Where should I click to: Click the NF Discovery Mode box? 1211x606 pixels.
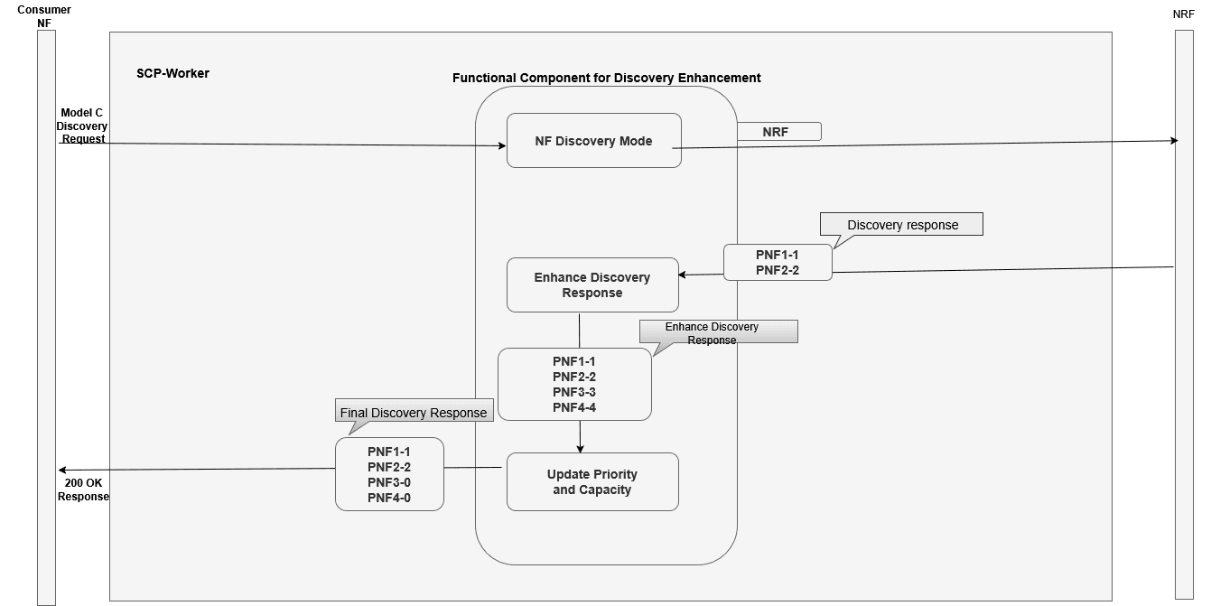coord(593,141)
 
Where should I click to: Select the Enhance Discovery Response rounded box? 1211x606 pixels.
coord(592,285)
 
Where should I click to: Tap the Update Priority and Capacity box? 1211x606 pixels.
coord(592,482)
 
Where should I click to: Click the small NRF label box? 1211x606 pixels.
coord(778,132)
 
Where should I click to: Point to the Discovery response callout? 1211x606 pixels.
coord(901,225)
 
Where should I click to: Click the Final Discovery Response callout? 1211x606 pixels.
coord(414,412)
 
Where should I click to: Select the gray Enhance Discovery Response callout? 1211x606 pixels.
coord(718,331)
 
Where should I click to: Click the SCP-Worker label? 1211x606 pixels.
coord(172,73)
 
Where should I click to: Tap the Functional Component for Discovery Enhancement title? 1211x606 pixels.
coord(606,78)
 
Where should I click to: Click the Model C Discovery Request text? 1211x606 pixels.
coord(82,126)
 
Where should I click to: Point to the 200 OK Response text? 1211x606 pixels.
coord(83,489)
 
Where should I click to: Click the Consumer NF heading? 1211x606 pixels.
coord(44,16)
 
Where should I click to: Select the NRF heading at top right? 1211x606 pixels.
coord(1183,14)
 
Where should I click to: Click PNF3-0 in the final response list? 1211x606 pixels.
coord(388,482)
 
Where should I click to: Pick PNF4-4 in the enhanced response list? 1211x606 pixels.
coord(573,407)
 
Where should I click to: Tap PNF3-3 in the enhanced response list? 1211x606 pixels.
coord(573,392)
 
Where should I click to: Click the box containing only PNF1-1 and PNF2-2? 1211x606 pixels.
coord(777,262)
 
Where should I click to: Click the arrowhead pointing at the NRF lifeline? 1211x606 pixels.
coord(1174,140)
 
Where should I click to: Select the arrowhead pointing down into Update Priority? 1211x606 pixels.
coord(580,448)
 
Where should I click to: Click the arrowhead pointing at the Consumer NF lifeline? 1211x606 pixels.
coord(61,470)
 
